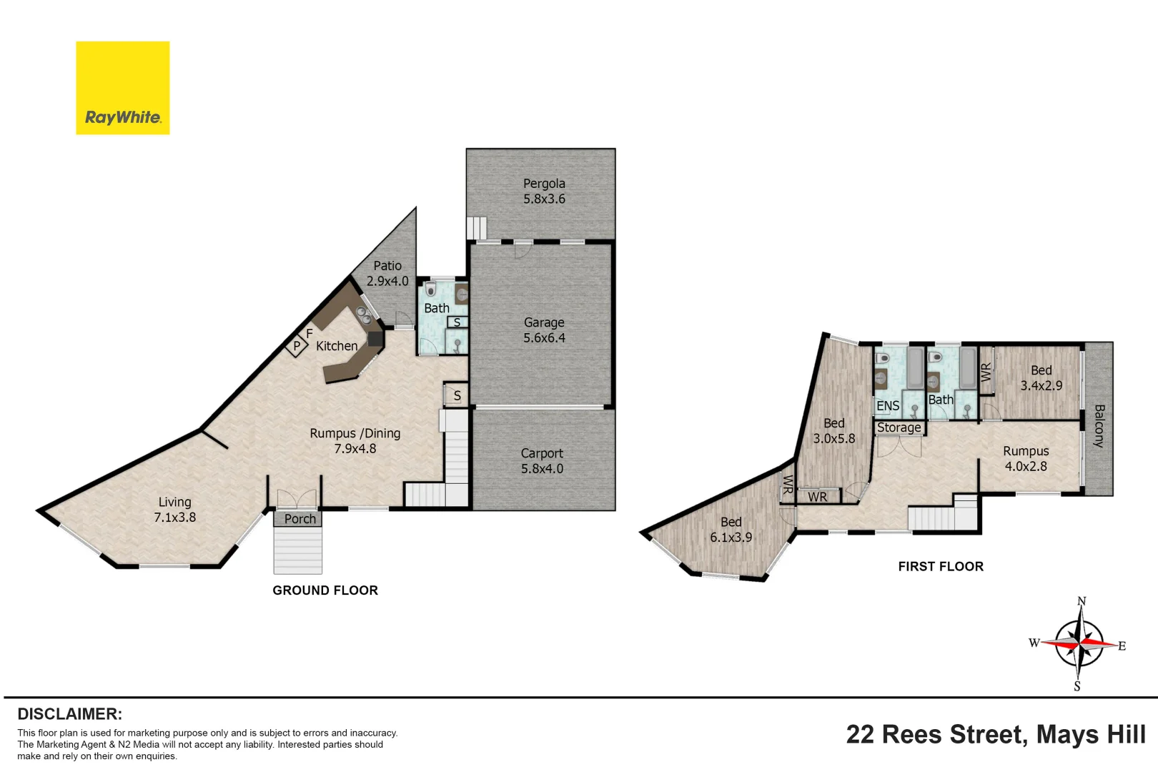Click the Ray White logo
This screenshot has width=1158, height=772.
click(x=122, y=88)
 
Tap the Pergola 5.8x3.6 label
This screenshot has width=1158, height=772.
click(x=544, y=192)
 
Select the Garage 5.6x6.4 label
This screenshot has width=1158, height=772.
click(x=544, y=330)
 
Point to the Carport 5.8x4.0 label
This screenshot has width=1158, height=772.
click(x=542, y=461)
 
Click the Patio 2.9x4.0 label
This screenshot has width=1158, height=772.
click(x=387, y=273)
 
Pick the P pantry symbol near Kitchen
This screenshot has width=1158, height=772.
click(x=297, y=346)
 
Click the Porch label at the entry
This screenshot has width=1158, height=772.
click(x=300, y=519)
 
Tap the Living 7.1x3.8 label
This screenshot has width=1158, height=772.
click(x=174, y=510)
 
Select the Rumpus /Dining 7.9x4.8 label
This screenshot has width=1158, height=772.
click(x=355, y=441)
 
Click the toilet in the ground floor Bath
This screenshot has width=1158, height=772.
click(x=430, y=289)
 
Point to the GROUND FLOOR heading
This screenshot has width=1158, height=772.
click(x=325, y=590)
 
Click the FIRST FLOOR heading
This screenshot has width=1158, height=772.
click(x=941, y=567)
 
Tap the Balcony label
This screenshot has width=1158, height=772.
click(x=1099, y=426)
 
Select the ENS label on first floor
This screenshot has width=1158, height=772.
click(x=888, y=406)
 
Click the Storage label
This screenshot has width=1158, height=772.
click(x=899, y=427)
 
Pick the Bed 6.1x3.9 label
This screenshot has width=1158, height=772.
click(x=731, y=530)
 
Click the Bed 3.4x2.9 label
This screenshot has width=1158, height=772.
click(x=1041, y=378)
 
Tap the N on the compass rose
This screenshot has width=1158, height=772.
click(x=1082, y=601)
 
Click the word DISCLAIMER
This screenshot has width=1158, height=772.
click(x=69, y=714)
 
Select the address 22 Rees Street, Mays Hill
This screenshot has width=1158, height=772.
click(x=996, y=735)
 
